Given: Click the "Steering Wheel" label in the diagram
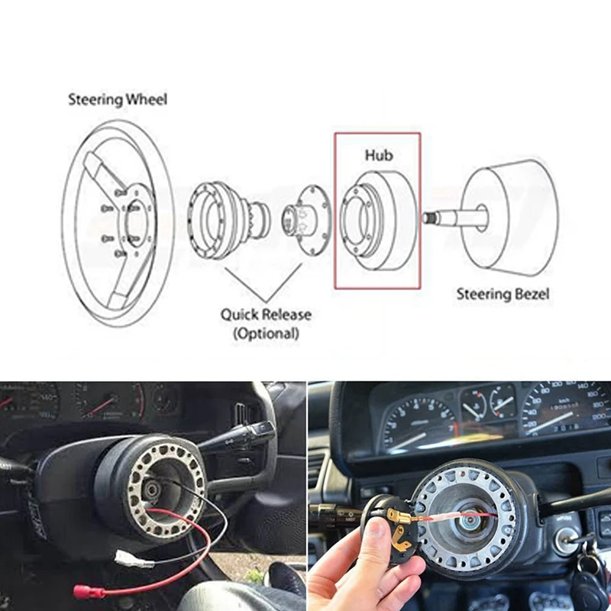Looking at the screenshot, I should point(118,99).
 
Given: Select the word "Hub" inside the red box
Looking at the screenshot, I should point(378,155).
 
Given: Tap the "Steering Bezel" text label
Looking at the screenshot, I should point(503,293).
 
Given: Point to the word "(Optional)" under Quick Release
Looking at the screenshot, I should point(266,333).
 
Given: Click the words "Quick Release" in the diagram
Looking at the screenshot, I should point(266,315).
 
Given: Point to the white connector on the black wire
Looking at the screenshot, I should point(134,560).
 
